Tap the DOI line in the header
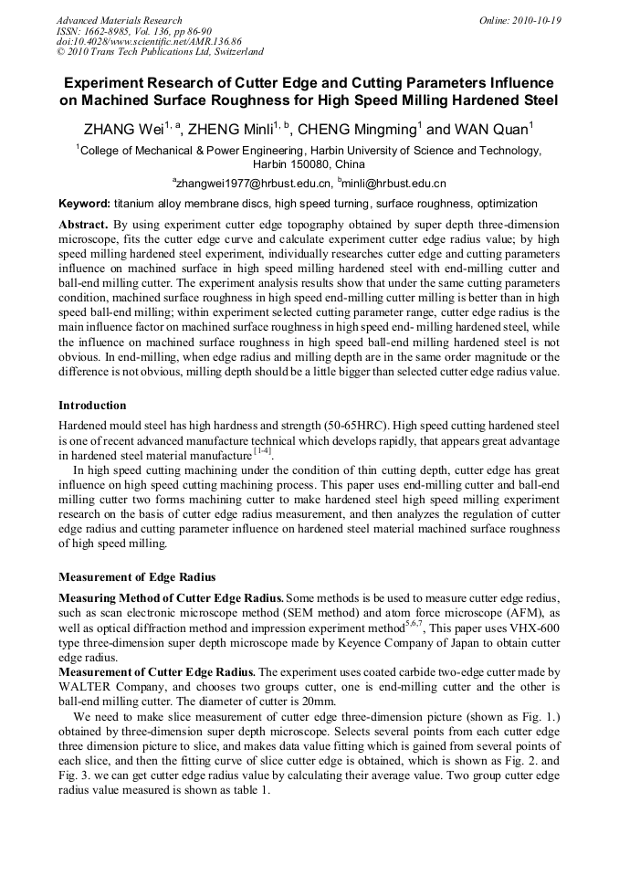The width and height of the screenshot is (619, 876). click(x=149, y=41)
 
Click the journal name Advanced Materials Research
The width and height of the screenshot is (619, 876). click(x=119, y=20)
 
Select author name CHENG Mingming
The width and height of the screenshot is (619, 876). click(x=356, y=130)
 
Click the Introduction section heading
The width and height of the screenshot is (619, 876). click(x=92, y=405)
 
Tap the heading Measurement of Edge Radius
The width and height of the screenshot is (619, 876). click(x=137, y=576)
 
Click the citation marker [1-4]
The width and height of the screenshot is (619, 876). click(x=261, y=452)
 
